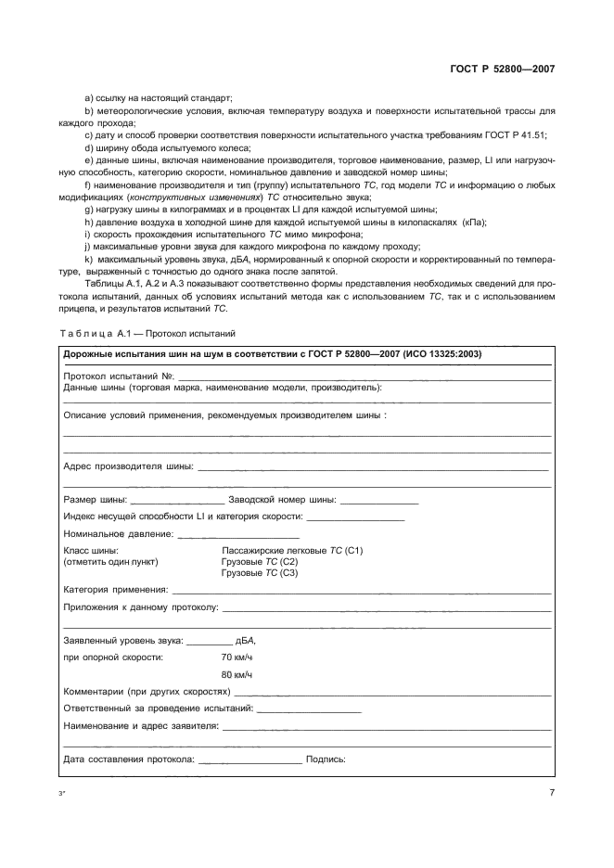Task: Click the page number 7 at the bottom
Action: click(x=552, y=792)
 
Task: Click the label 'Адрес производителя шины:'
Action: click(x=128, y=466)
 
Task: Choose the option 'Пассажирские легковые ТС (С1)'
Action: click(x=292, y=551)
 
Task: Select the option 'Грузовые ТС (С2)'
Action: click(x=260, y=562)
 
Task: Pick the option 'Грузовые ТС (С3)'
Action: click(x=260, y=573)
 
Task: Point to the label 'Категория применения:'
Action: click(x=116, y=589)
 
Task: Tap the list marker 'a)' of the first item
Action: click(x=89, y=98)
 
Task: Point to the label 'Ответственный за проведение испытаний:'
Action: click(x=158, y=708)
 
